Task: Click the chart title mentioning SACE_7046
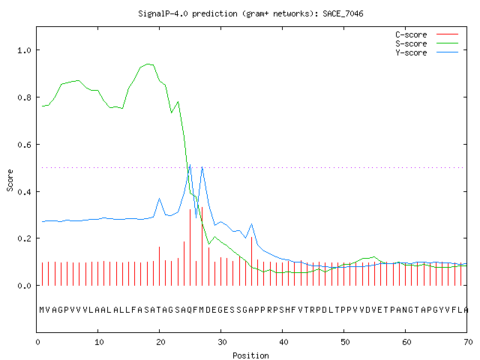[250, 13]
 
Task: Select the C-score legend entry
[427, 34]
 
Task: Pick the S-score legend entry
[427, 43]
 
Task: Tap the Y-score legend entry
[427, 52]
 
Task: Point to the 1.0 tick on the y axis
[24, 50]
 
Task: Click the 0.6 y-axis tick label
[24, 145]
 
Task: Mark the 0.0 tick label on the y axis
[24, 286]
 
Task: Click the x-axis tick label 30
[222, 342]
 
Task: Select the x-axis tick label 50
[345, 342]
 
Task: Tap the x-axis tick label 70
[468, 342]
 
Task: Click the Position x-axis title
[250, 355]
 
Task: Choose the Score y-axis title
[10, 180]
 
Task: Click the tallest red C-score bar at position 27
[202, 247]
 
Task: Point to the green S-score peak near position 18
[148, 64]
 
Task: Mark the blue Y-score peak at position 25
[190, 165]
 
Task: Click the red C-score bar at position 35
[252, 261]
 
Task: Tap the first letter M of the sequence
[42, 310]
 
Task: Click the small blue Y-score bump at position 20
[159, 199]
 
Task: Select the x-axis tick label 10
[99, 342]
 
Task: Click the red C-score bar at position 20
[159, 266]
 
